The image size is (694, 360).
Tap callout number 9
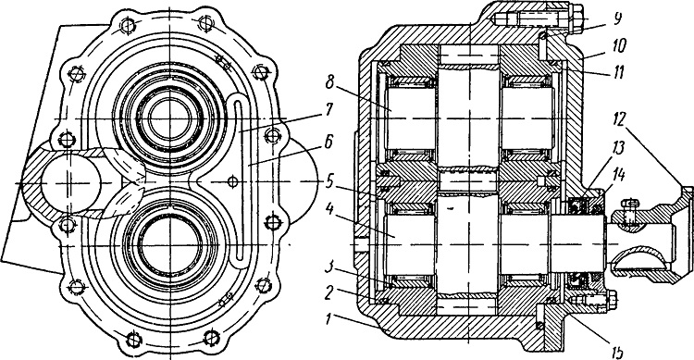click(618, 19)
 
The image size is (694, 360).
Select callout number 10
click(620, 44)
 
